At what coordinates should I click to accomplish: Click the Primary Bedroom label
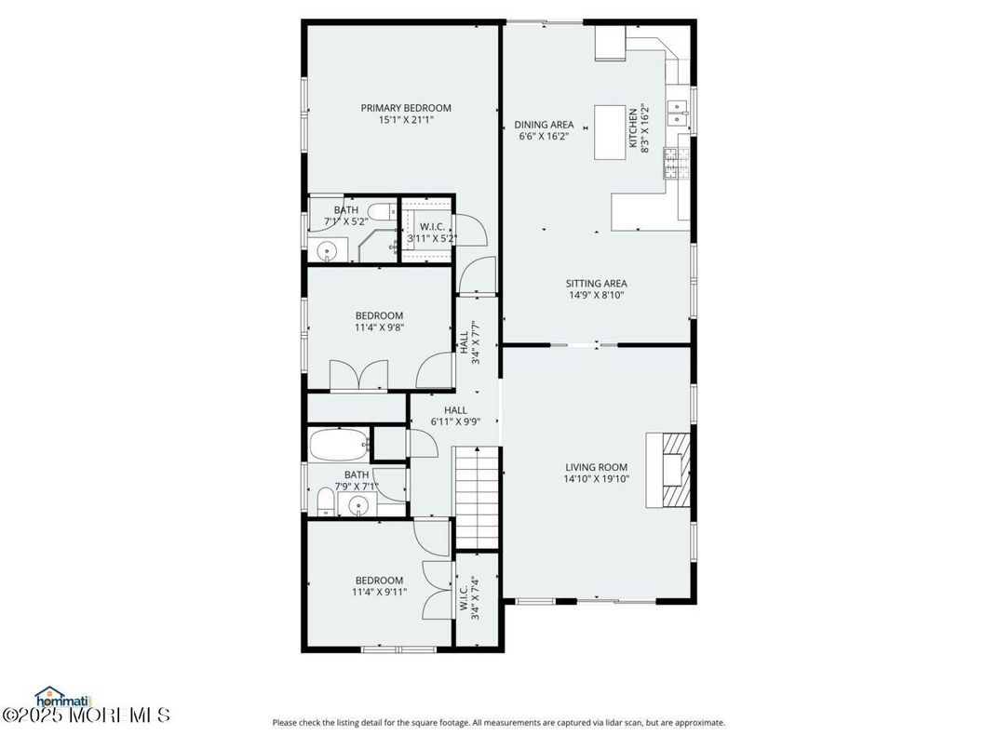tap(406, 108)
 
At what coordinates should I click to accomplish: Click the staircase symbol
tap(478, 497)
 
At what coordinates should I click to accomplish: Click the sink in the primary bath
tap(327, 250)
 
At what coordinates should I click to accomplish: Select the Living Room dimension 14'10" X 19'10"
tap(596, 480)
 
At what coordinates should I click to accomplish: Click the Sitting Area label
tap(596, 284)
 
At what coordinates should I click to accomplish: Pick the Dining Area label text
tap(544, 125)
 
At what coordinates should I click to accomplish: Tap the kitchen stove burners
tap(671, 163)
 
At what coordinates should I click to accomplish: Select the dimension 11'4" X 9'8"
tap(378, 327)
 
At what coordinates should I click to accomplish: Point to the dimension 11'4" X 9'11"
tap(378, 592)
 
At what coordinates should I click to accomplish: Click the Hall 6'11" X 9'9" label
tap(455, 416)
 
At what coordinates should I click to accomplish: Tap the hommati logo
tap(63, 696)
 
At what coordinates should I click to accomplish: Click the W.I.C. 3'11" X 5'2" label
tap(432, 233)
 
